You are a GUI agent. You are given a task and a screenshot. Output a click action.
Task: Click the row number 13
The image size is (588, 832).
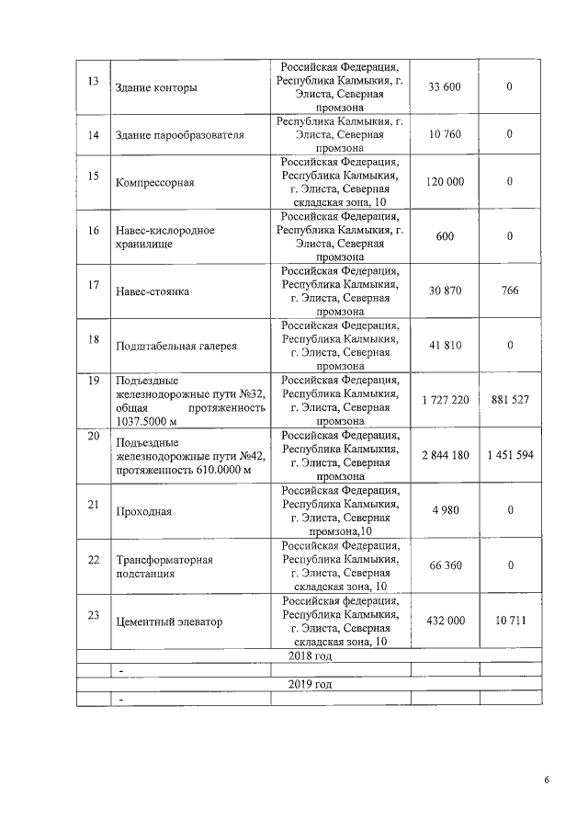click(x=92, y=80)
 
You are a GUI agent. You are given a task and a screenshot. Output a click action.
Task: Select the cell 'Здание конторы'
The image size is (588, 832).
click(x=156, y=88)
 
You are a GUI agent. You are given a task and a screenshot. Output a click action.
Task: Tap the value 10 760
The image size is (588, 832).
click(x=445, y=135)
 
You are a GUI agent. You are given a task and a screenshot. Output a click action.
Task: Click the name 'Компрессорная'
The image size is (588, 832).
click(x=155, y=182)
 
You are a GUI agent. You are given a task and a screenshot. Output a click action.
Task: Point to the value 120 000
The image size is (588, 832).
click(x=445, y=182)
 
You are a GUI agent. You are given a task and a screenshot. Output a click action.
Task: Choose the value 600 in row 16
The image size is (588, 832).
click(x=445, y=236)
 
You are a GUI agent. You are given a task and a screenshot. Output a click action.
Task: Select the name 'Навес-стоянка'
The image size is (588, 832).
click(x=153, y=291)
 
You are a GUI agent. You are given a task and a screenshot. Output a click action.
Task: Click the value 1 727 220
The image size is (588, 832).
click(x=445, y=400)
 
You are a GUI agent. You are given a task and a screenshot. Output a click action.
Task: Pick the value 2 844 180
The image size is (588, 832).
click(x=445, y=455)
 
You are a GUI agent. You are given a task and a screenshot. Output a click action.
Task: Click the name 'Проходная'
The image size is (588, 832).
click(x=144, y=511)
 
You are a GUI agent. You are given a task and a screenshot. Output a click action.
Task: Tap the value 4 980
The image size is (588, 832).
click(x=445, y=511)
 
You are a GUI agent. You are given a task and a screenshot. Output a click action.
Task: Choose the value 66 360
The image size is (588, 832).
click(x=445, y=565)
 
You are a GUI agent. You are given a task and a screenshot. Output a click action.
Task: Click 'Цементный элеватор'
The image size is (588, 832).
click(x=169, y=621)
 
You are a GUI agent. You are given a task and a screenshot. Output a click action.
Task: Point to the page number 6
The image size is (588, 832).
click(x=547, y=781)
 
